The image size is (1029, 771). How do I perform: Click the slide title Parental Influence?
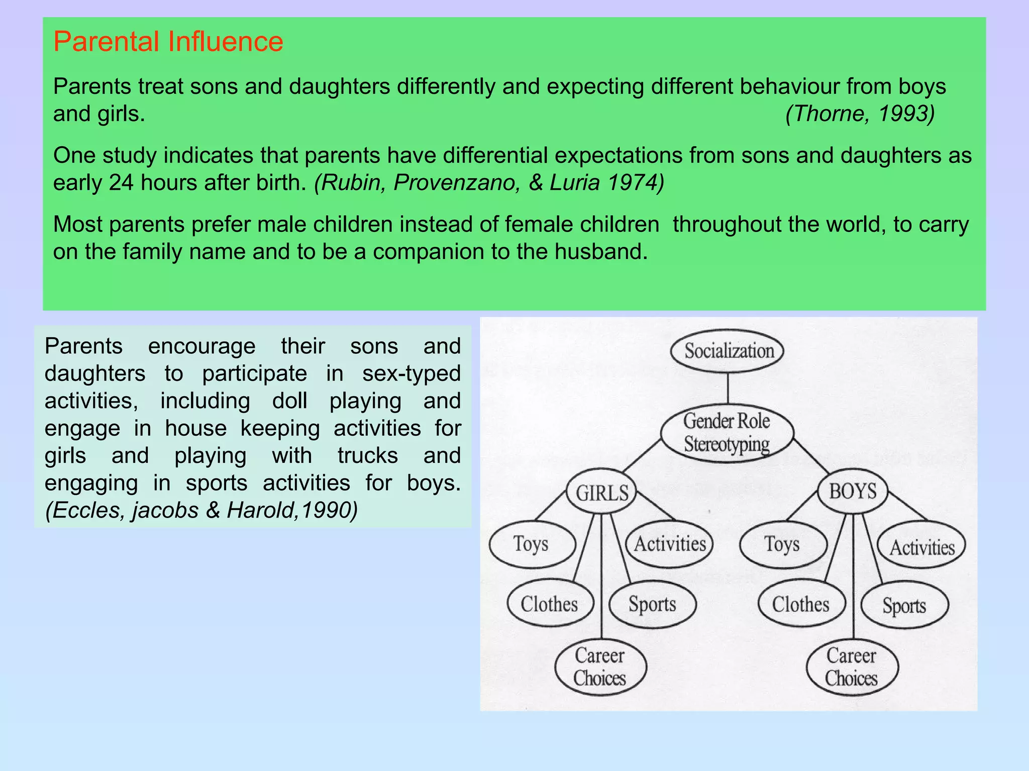[168, 42]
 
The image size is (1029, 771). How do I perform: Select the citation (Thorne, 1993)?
[860, 114]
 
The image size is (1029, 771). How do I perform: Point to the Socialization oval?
[728, 351]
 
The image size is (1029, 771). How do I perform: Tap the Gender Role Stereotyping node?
[727, 433]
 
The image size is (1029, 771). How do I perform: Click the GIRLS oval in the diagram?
[601, 492]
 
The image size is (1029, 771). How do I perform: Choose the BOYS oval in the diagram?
[853, 491]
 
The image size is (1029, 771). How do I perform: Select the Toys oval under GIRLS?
[532, 544]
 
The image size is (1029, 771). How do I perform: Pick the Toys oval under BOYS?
[782, 545]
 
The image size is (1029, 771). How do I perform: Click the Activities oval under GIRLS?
[670, 544]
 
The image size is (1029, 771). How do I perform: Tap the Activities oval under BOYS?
[921, 546]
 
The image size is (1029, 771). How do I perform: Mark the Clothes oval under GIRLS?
[550, 604]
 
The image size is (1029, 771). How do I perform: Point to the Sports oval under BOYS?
[904, 605]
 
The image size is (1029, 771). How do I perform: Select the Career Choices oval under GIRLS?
[600, 667]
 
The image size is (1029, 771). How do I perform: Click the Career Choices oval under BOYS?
[852, 667]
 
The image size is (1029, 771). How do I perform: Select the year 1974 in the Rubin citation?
[635, 183]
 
